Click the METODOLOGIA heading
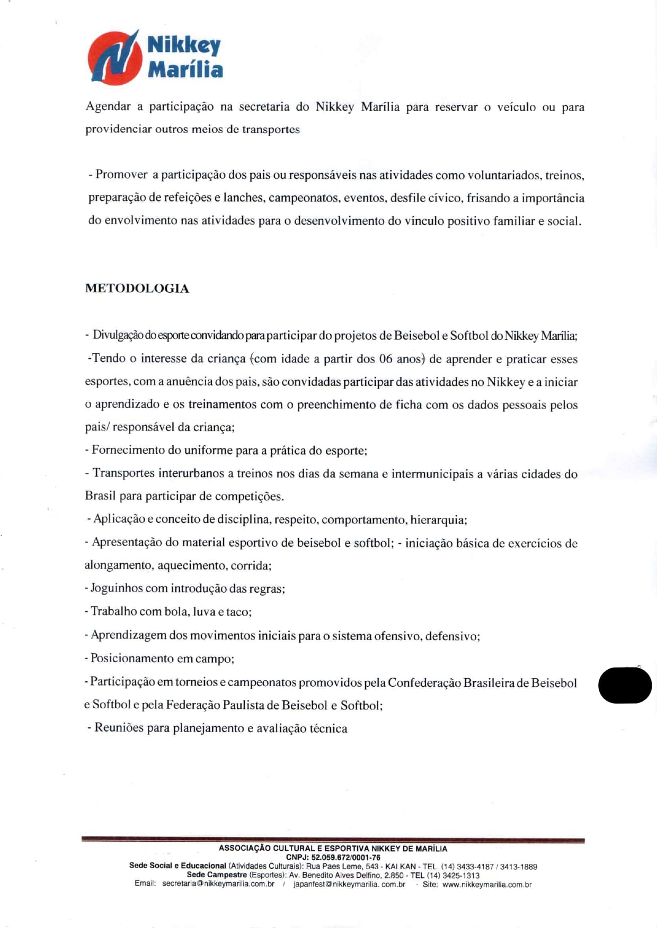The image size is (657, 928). (x=137, y=289)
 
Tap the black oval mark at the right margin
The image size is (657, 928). (x=625, y=685)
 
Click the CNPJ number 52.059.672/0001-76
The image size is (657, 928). (x=346, y=857)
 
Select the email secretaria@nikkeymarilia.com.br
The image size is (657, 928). (x=218, y=884)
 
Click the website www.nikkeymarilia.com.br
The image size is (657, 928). (x=487, y=884)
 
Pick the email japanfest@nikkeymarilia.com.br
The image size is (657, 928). (x=349, y=884)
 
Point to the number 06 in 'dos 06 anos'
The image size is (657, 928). (x=386, y=359)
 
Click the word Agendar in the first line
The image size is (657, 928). (x=108, y=106)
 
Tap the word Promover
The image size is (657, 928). (x=121, y=175)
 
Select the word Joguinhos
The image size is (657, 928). (x=117, y=588)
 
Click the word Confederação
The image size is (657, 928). (x=424, y=682)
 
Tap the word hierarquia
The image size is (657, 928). (x=438, y=520)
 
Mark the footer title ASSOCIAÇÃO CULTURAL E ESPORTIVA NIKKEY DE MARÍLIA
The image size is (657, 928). (x=333, y=848)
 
